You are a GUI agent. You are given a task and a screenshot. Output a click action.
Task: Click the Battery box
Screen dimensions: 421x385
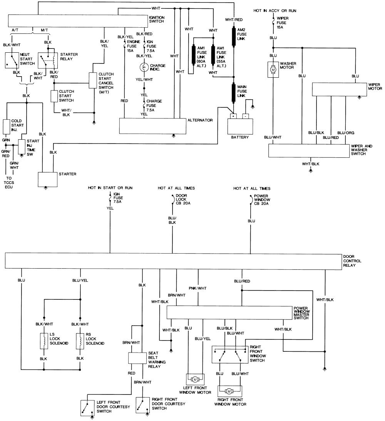click(x=240, y=125)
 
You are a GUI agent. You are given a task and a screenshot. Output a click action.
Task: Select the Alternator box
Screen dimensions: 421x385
click(x=152, y=125)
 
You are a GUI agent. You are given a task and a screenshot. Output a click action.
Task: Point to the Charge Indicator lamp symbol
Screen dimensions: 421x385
click(x=144, y=68)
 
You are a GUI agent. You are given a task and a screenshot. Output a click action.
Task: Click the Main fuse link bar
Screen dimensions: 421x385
click(x=234, y=93)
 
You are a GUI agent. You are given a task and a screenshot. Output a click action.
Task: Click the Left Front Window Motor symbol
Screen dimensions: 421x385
click(x=195, y=379)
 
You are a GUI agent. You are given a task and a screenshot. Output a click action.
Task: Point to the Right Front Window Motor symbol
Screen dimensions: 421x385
click(x=229, y=391)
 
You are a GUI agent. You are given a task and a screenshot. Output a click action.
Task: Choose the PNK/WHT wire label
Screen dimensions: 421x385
click(x=198, y=287)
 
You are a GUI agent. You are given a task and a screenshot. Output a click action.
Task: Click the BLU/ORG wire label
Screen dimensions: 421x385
click(x=345, y=133)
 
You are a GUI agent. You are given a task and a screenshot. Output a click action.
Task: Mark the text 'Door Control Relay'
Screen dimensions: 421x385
click(x=353, y=261)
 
